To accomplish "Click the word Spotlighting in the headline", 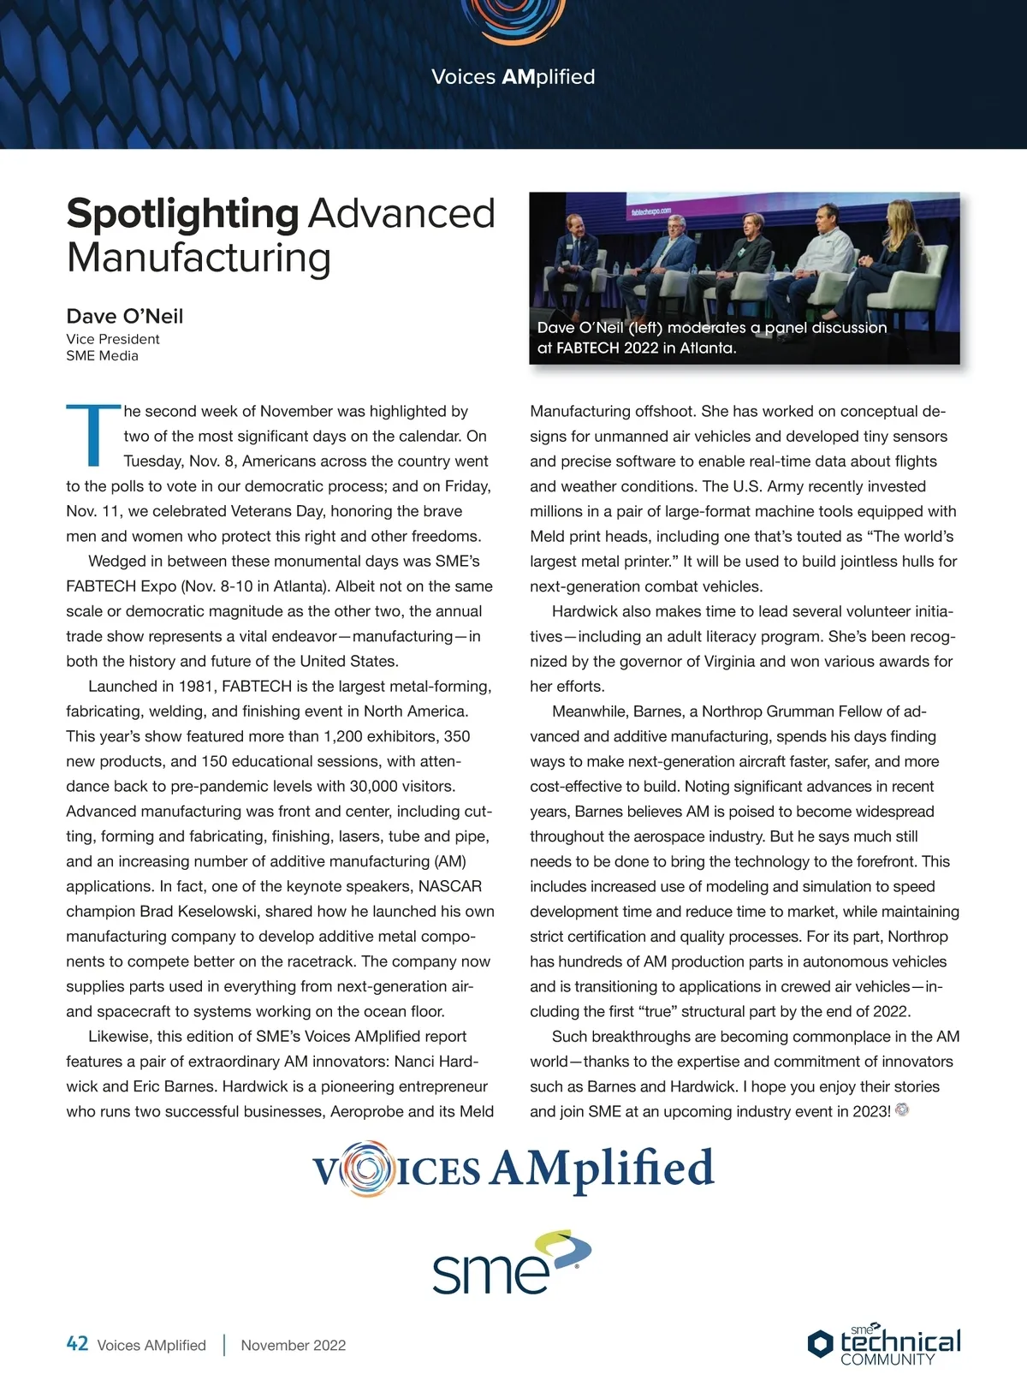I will coord(182,214).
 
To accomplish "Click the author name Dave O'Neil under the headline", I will coord(125,316).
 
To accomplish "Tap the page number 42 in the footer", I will coord(77,1344).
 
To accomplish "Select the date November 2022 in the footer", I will coord(294,1345).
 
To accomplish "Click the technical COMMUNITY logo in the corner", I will coord(884,1344).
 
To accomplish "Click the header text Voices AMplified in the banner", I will coord(513,77).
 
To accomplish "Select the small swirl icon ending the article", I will coord(901,1110).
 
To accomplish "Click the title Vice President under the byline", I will coord(113,339).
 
